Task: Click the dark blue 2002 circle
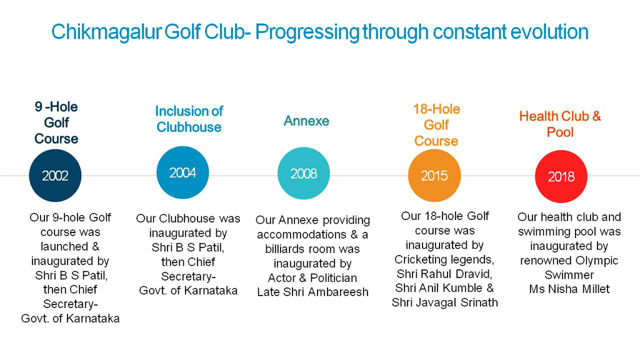tap(55, 176)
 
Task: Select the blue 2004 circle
tap(182, 173)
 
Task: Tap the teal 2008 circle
tap(304, 173)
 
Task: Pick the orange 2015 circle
tap(434, 176)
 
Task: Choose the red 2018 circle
tap(561, 177)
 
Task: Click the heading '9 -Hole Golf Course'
tap(56, 122)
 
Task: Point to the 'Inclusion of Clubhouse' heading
tap(189, 119)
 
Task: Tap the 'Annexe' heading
tap(306, 121)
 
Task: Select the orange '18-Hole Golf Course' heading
tap(436, 125)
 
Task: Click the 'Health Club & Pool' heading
tap(560, 124)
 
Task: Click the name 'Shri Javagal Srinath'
tap(444, 302)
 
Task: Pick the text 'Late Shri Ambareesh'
tap(312, 292)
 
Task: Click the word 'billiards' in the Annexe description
tap(283, 249)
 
